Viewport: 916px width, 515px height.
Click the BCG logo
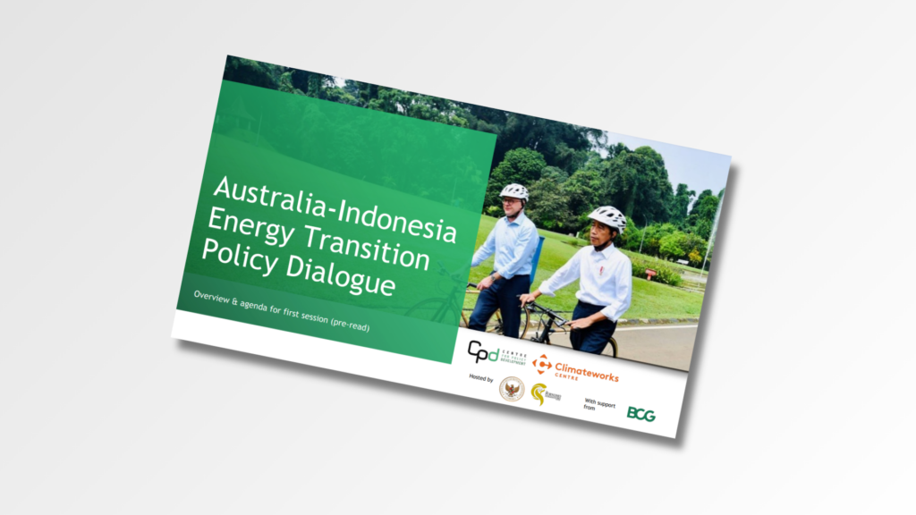coord(640,414)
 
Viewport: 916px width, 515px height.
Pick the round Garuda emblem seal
coord(512,388)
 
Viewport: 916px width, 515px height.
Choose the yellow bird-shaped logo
coord(539,393)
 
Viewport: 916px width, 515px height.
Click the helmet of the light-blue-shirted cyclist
coord(513,191)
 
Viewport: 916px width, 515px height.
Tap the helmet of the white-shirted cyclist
coord(608,216)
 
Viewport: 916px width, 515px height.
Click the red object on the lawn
coord(650,273)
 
